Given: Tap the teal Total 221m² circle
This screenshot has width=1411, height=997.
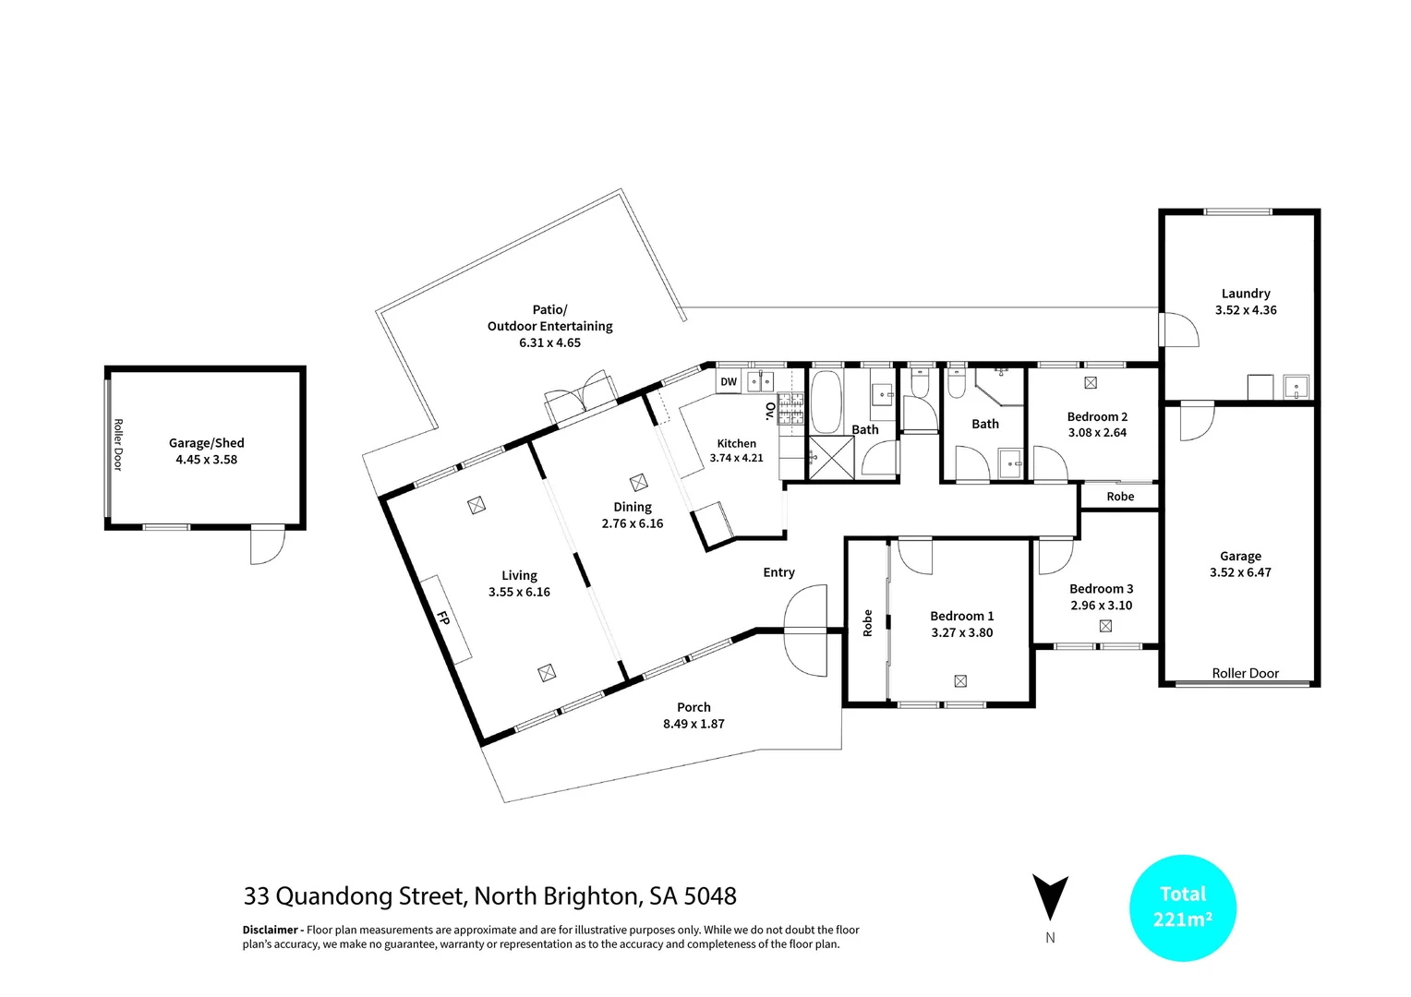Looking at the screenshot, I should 1183,907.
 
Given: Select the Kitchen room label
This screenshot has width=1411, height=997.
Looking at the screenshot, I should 736,444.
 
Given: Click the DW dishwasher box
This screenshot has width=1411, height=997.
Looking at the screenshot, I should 729,382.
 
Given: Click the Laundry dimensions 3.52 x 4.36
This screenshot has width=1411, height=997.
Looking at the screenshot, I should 1246,310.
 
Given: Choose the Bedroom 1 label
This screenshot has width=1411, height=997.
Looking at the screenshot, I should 961,616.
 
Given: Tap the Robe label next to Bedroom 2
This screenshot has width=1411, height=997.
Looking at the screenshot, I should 1120,497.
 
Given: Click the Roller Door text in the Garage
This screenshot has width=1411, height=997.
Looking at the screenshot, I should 1245,673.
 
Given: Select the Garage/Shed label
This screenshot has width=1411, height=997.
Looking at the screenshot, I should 206,443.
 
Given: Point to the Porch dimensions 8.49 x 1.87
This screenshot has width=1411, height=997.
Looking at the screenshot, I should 693,724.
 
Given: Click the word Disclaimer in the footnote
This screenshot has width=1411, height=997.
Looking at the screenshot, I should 270,930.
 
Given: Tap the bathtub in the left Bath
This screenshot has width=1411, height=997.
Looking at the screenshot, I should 825,402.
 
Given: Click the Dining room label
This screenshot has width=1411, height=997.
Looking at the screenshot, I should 633,507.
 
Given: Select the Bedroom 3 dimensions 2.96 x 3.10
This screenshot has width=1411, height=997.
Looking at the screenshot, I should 1101,606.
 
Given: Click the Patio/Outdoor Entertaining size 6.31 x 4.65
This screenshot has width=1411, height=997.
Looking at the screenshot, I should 549,342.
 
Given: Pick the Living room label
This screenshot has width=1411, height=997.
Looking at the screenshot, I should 519,575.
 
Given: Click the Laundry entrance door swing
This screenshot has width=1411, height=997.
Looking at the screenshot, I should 1176,330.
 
